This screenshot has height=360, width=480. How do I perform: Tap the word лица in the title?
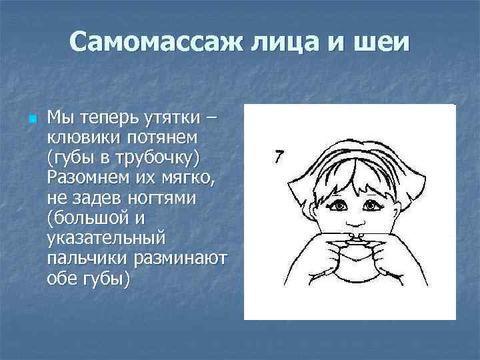pos(285,43)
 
